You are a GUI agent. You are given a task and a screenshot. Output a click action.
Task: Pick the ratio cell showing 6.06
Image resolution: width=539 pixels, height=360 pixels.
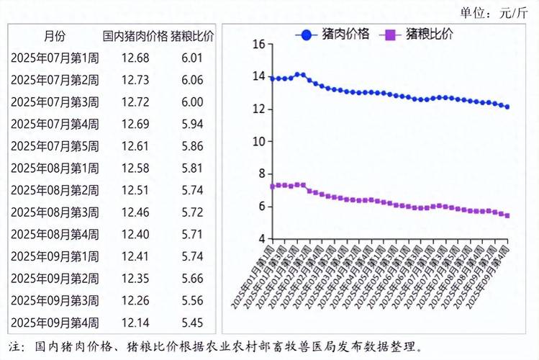click(191, 81)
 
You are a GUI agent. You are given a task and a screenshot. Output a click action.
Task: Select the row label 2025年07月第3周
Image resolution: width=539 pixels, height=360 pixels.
click(55, 102)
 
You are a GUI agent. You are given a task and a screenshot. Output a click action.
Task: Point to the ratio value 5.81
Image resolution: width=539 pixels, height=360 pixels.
click(191, 168)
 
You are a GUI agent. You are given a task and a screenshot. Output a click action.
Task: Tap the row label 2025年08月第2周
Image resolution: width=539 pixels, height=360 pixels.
click(55, 191)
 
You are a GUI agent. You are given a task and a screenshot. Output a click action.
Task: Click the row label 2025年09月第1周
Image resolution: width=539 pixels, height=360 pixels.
click(55, 257)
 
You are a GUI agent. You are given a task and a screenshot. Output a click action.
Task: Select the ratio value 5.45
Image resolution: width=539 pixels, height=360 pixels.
click(191, 323)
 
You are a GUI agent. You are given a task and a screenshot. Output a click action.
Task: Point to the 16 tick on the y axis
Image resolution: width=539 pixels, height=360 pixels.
click(259, 45)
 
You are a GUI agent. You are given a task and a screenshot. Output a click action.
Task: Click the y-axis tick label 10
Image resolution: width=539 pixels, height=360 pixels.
click(259, 142)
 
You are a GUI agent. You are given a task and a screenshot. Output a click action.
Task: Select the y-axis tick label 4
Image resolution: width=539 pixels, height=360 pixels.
click(261, 239)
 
